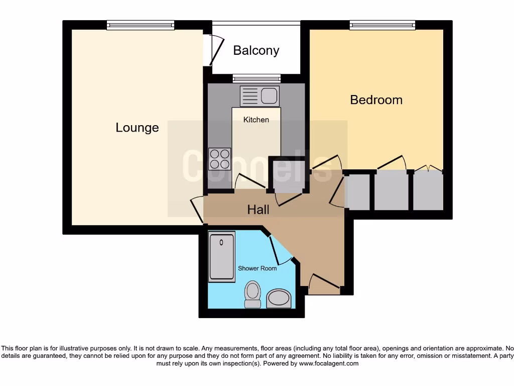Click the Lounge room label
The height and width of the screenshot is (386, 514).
click(x=137, y=128)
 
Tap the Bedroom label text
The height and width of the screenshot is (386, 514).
click(x=376, y=100)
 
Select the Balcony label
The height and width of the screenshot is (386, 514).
click(x=256, y=51)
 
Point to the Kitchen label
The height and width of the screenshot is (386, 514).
click(x=256, y=120)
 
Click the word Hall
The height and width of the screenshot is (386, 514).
click(x=258, y=210)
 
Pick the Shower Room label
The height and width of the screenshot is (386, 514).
click(x=257, y=268)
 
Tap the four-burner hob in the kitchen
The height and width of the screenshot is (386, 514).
click(x=219, y=159)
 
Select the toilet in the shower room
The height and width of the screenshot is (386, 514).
click(x=252, y=294)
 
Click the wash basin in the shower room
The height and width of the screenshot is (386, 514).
click(x=279, y=299)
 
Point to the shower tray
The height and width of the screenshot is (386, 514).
click(x=221, y=256)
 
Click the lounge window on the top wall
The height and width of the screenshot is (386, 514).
click(x=140, y=25)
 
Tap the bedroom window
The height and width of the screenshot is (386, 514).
click(x=382, y=25)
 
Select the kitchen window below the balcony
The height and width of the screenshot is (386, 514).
click(x=256, y=78)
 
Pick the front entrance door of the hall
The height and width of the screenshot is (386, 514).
click(x=324, y=284)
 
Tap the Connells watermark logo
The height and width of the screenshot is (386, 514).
click(x=257, y=166)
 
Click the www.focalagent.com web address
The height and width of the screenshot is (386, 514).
click(x=329, y=363)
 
